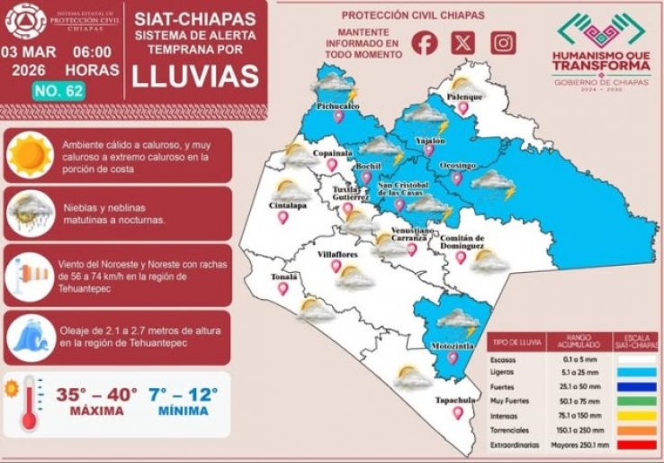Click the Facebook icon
pyautogui.click(x=425, y=42)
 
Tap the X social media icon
pyautogui.click(x=463, y=42)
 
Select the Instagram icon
pyautogui.click(x=503, y=42)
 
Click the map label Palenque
pyautogui.click(x=466, y=95)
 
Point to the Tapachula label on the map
pyautogui.click(x=457, y=399)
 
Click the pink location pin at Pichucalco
pyautogui.click(x=338, y=117)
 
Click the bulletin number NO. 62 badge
pyautogui.click(x=58, y=90)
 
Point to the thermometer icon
pyautogui.click(x=28, y=403)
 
